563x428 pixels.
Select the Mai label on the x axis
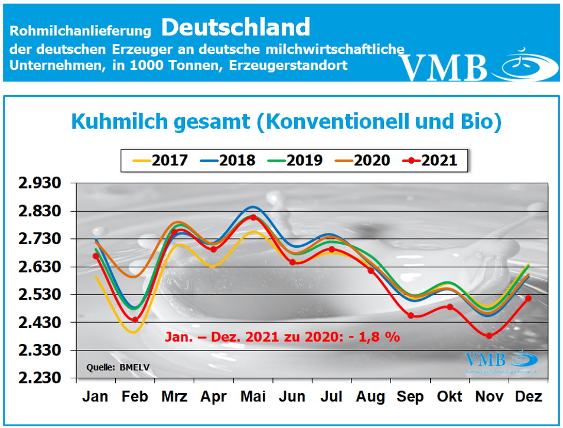(x=253, y=396)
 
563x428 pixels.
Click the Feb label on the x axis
(x=135, y=396)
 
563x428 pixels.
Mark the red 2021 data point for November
(x=489, y=336)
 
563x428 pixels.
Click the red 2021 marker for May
(x=253, y=218)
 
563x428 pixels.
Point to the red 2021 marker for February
(x=135, y=320)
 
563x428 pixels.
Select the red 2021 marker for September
(x=410, y=316)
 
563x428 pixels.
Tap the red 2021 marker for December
(x=528, y=299)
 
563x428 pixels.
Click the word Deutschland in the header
(x=235, y=27)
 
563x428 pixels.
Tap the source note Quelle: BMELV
(x=118, y=367)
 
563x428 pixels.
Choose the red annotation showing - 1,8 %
(x=282, y=337)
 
